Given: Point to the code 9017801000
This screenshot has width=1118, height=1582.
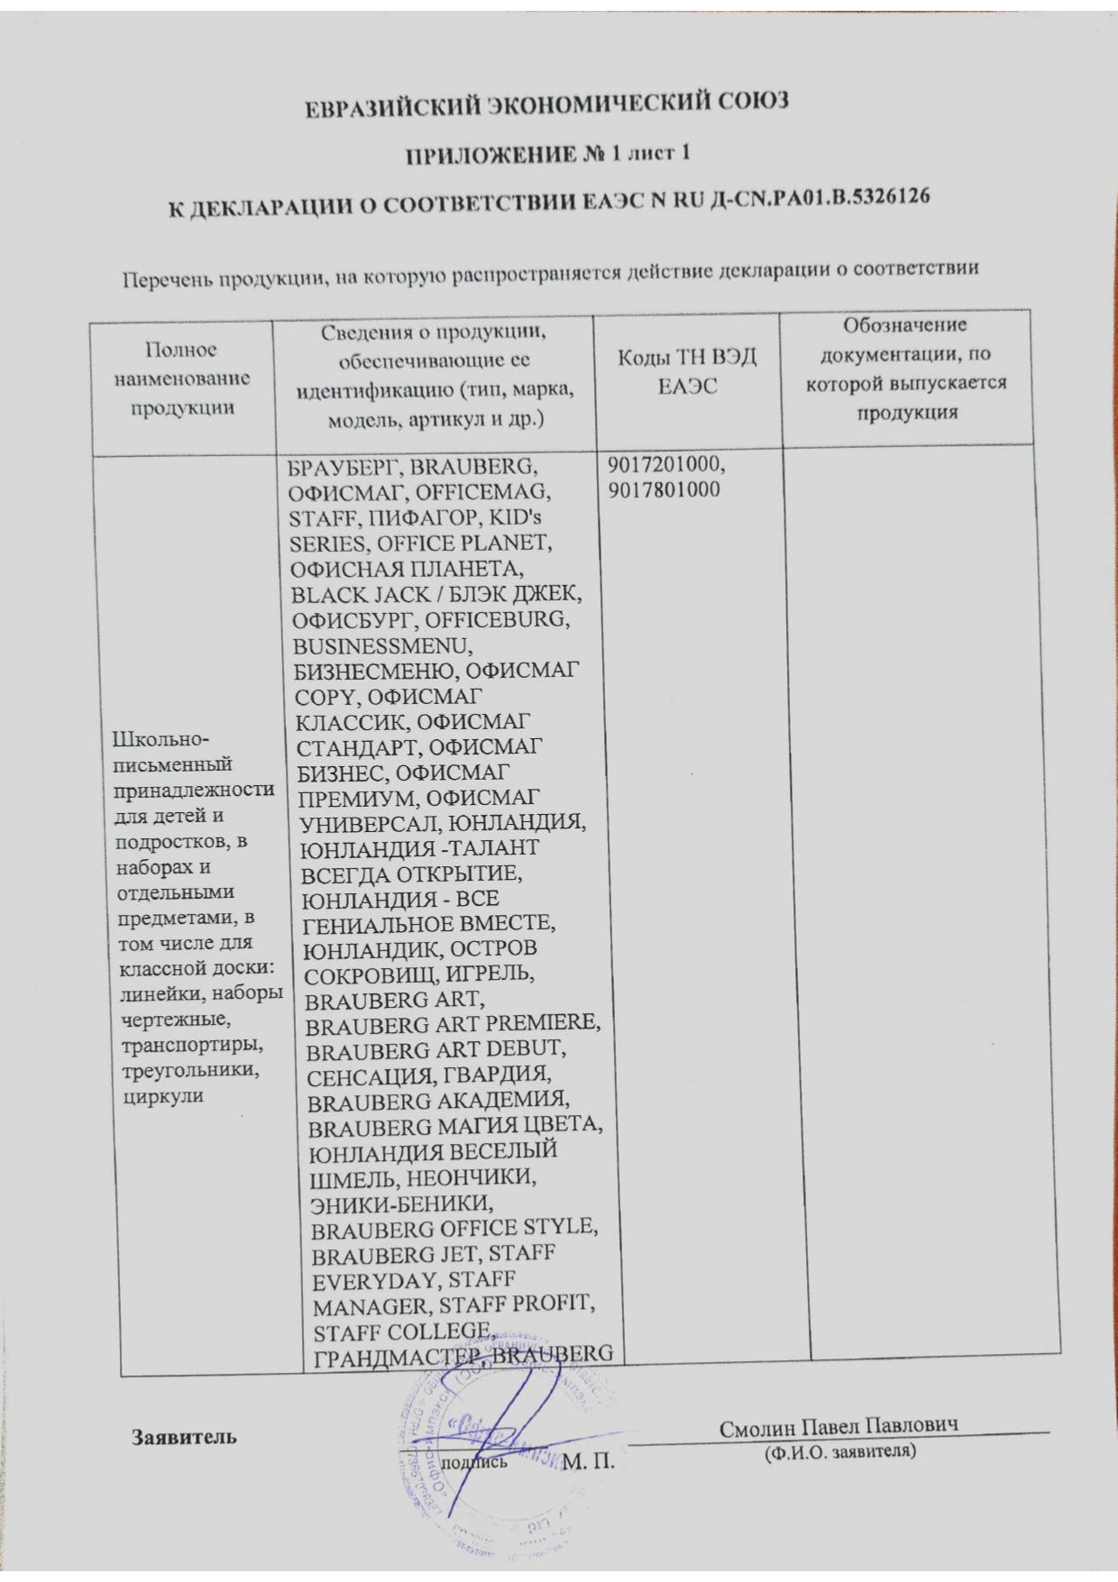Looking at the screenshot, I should point(664,490).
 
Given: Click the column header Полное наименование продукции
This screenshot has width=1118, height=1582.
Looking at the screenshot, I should point(182,379).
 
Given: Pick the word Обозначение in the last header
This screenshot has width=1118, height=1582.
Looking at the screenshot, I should point(904,325).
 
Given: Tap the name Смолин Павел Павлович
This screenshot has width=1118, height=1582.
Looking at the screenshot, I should point(838,1426).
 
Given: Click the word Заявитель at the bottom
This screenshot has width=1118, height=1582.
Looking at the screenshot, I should point(185,1436).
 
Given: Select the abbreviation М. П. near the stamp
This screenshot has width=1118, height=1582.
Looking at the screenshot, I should point(588,1461).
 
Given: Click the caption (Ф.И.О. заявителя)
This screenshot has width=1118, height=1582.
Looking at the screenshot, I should point(839,1452).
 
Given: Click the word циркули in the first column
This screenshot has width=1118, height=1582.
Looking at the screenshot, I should point(162,1096).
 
